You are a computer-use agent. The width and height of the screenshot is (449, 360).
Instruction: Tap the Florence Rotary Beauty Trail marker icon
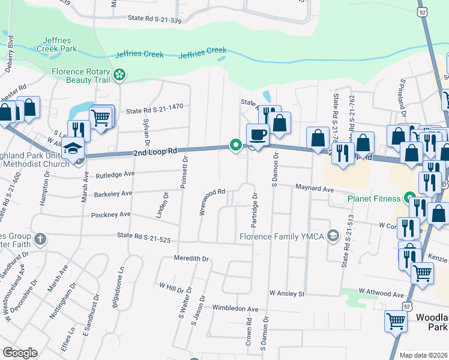tap(120, 75)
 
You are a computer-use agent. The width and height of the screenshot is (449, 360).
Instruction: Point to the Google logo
tap(20, 353)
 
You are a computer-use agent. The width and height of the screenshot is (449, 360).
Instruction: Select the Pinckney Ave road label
tap(111, 214)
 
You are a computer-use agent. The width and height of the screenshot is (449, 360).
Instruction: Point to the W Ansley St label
tap(288, 294)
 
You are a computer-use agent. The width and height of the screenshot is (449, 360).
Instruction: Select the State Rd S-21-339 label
tap(154, 19)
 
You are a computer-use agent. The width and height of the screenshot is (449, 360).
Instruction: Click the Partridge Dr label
tap(255, 210)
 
